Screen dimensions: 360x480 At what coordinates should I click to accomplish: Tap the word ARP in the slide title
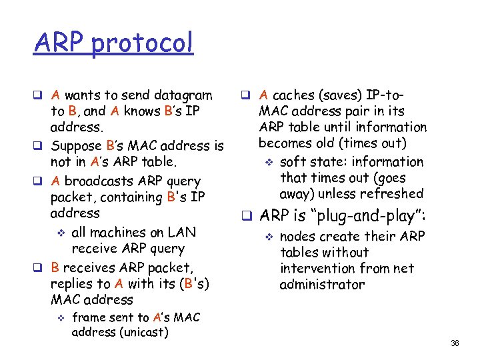click(59, 43)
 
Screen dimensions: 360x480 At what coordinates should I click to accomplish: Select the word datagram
click(182, 95)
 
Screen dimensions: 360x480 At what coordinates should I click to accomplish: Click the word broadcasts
click(101, 181)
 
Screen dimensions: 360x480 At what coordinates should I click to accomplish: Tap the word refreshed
click(389, 194)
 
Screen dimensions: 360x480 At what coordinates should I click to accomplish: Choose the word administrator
click(322, 285)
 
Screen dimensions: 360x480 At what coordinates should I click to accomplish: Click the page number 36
click(455, 343)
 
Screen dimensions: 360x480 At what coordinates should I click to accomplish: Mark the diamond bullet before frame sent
click(59, 318)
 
